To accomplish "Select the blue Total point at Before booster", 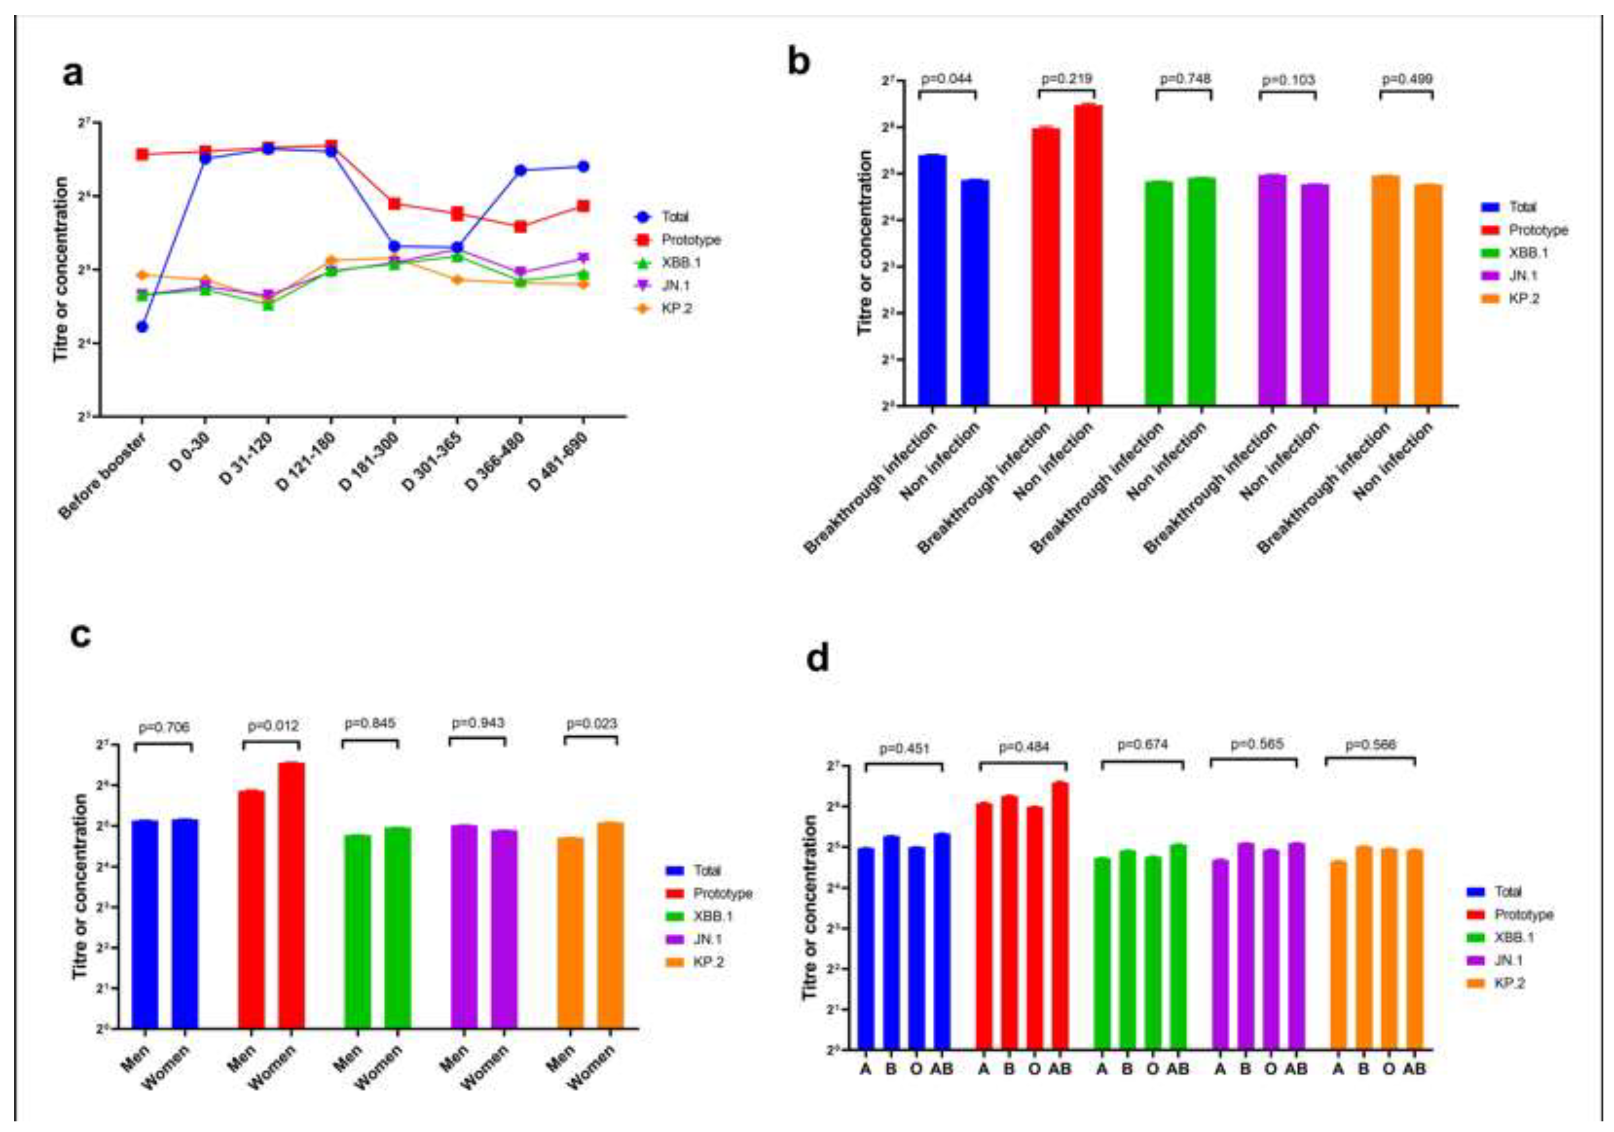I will (x=142, y=327).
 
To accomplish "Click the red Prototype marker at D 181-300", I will (x=394, y=204).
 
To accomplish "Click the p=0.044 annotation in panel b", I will (x=946, y=78).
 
